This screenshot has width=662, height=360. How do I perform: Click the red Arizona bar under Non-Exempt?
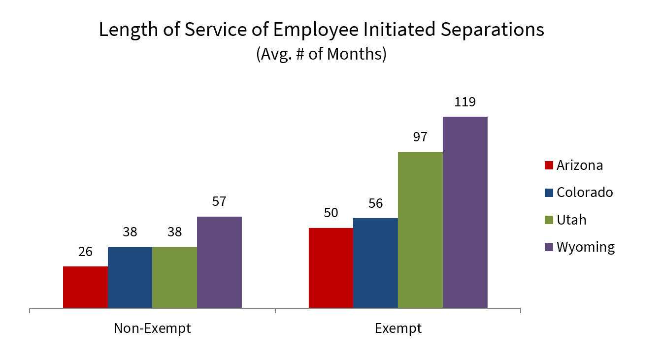(x=85, y=287)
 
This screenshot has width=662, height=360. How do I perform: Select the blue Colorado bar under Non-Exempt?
(x=130, y=278)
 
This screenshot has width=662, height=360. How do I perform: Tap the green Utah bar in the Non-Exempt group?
(x=174, y=278)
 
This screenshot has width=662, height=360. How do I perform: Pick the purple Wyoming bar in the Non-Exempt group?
(x=219, y=262)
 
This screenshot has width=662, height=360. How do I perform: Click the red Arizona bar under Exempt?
(x=331, y=268)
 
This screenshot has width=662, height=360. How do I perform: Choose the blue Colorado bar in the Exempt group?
(x=375, y=263)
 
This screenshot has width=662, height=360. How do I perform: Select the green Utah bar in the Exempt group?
(x=420, y=230)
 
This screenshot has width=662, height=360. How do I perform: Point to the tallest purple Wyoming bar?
(x=465, y=212)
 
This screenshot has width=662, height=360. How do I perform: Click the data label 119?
(x=465, y=102)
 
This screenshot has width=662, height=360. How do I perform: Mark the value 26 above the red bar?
(x=85, y=252)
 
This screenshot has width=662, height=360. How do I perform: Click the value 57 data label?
(x=219, y=202)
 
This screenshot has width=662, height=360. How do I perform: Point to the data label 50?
(x=331, y=213)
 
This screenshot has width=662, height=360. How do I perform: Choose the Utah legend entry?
(x=571, y=220)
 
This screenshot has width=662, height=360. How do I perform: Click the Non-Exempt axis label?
(x=152, y=328)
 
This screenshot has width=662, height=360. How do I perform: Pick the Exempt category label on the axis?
(x=398, y=328)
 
